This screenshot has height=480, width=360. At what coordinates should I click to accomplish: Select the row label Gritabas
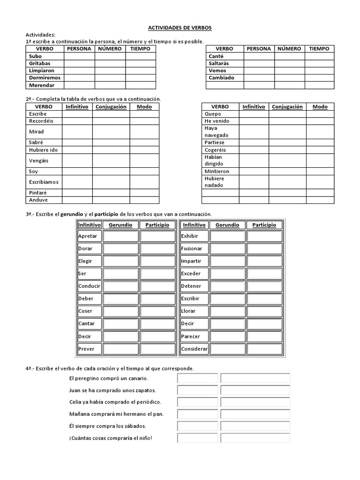[39, 63]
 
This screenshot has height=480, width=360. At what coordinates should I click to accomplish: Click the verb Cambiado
[221, 78]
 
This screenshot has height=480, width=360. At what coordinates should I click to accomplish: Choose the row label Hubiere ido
[43, 150]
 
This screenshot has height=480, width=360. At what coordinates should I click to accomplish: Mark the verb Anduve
[38, 200]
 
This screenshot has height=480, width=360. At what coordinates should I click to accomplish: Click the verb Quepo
[213, 114]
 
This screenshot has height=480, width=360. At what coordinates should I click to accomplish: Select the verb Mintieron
[217, 172]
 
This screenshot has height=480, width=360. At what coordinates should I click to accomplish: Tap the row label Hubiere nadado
[215, 182]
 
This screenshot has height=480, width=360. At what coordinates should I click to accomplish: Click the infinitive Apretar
[88, 236]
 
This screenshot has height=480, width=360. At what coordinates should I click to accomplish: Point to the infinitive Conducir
[89, 286]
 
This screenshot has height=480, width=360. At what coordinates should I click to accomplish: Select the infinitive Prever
[86, 349]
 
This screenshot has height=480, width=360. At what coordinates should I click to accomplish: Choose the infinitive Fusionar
[192, 248]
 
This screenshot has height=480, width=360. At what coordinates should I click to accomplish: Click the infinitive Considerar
[195, 349]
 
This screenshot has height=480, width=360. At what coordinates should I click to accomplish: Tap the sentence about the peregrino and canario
[108, 378]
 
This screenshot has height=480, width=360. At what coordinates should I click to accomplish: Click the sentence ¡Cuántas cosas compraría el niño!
[111, 438]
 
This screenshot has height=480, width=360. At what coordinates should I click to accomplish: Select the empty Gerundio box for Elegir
[120, 261]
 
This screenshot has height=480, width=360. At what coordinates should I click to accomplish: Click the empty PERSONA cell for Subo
[79, 56]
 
